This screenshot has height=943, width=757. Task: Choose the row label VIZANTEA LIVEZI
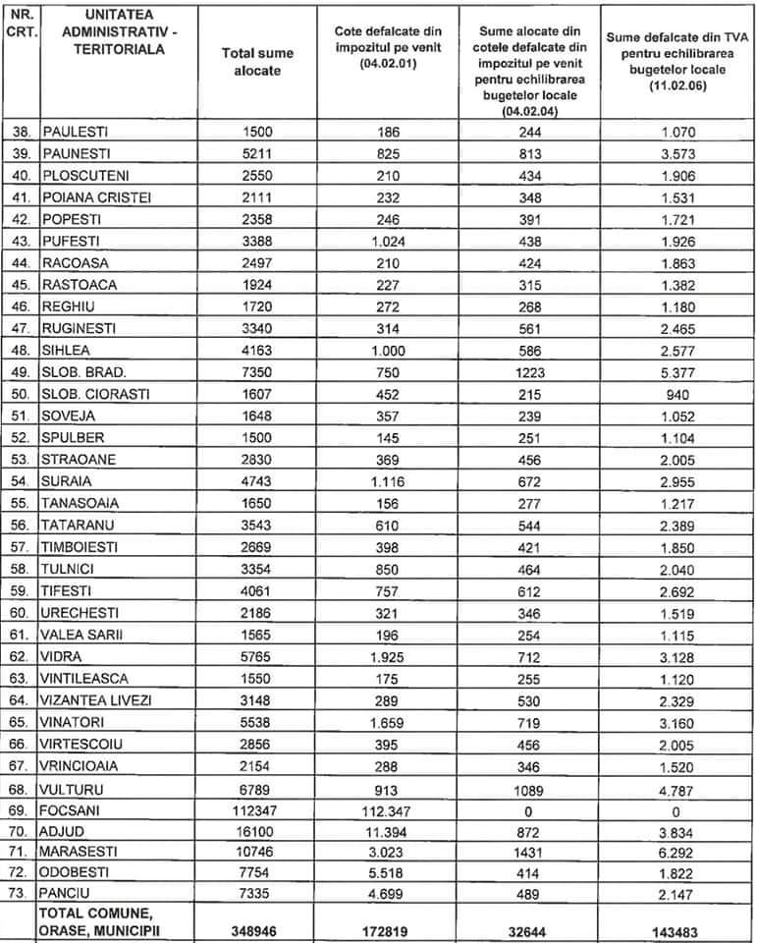tap(96, 700)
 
